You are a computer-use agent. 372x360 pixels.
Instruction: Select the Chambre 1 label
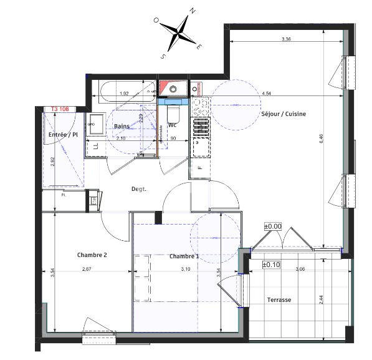tap(184, 256)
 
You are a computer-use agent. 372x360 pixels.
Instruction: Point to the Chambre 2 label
tap(92, 255)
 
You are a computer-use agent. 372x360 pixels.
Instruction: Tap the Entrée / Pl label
tap(63, 134)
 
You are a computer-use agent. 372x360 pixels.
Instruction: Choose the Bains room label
tap(122, 127)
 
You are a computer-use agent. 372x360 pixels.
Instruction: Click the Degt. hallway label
tap(138, 189)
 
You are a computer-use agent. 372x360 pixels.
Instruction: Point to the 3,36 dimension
tap(286, 39)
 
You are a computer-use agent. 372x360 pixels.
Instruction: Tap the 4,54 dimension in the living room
tap(266, 94)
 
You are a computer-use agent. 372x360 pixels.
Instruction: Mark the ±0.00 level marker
tap(273, 226)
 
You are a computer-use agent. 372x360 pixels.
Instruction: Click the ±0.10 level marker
tap(271, 265)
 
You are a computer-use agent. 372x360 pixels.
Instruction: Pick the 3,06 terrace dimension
tap(300, 269)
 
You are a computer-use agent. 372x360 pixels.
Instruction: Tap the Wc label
tap(173, 125)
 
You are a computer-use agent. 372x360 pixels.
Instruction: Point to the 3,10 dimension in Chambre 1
tap(186, 270)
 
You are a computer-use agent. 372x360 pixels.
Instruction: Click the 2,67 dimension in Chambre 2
tap(87, 269)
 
